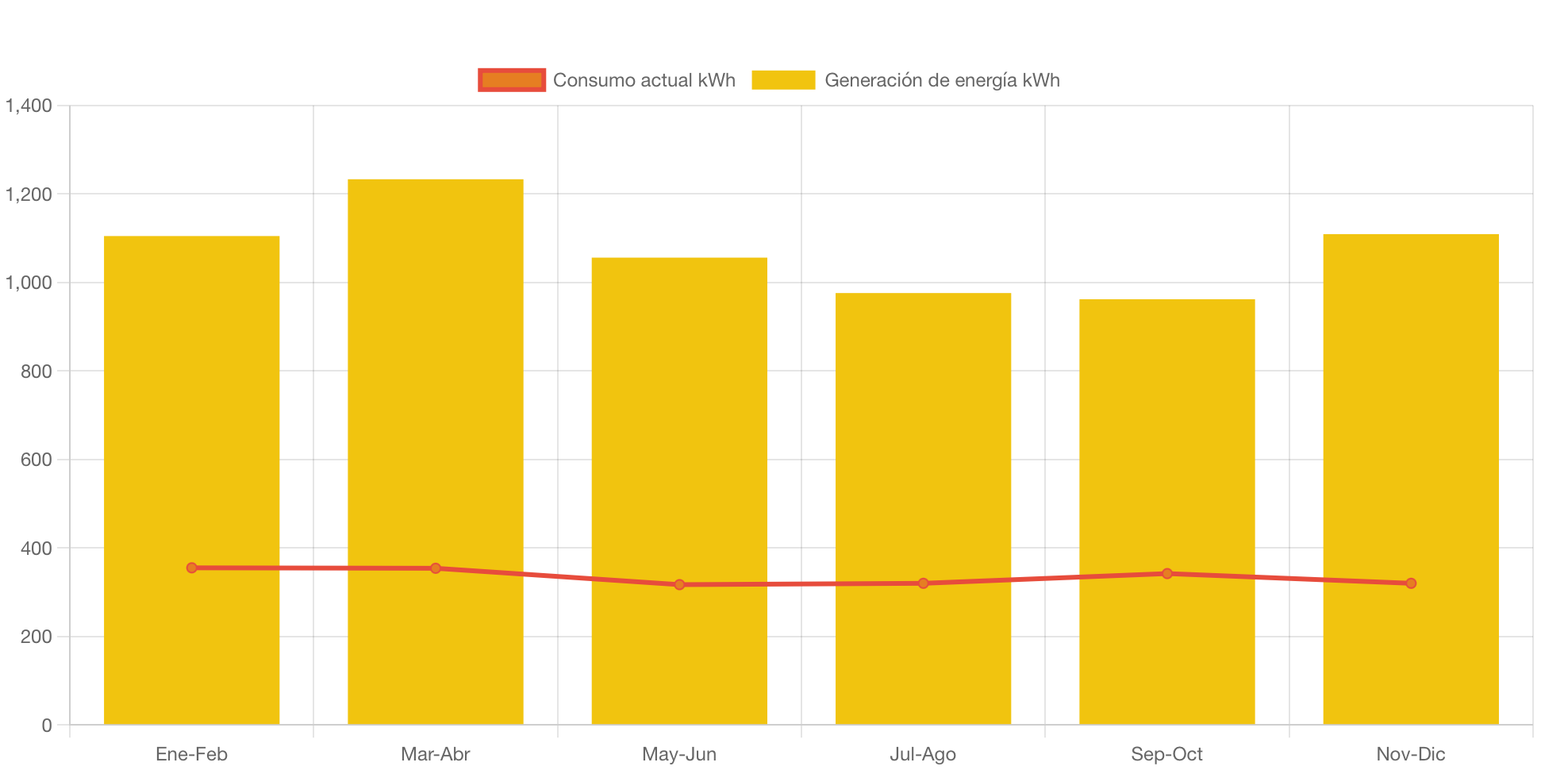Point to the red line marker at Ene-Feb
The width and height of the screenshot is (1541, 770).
tap(191, 568)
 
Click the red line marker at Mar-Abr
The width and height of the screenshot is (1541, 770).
tap(435, 568)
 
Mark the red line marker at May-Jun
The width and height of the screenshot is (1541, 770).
tap(679, 584)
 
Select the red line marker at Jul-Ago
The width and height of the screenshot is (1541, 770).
tap(923, 583)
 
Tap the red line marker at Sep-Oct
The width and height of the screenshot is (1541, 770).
tap(1166, 573)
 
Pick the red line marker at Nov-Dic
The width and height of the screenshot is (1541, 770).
tap(1410, 583)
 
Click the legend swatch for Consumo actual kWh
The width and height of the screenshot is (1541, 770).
tap(512, 80)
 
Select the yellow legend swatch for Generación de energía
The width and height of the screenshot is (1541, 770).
tap(783, 80)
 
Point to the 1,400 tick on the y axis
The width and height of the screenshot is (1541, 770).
tap(29, 106)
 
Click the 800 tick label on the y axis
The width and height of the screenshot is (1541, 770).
tap(37, 372)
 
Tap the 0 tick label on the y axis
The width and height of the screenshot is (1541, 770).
tap(47, 726)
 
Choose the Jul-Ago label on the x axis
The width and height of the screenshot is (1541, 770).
tap(923, 754)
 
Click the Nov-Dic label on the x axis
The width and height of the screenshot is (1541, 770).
tap(1410, 754)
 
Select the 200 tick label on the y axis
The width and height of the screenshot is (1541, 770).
tap(37, 637)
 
